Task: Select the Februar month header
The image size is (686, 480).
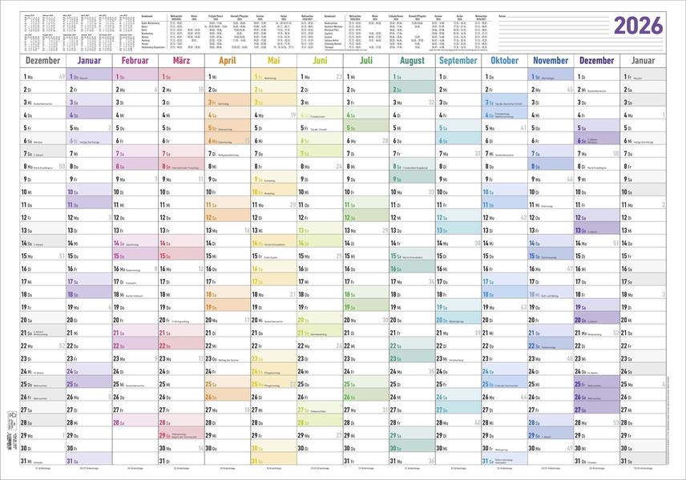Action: [x=136, y=61]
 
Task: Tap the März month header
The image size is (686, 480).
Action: [x=182, y=61]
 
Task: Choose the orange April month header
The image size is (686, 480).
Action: [x=227, y=61]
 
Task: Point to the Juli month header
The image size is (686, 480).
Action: [x=365, y=61]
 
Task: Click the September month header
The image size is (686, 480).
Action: [x=458, y=61]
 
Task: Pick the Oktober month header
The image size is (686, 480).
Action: [x=504, y=61]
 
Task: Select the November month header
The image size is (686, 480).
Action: [x=550, y=61]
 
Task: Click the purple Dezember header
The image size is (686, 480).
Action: [x=595, y=61]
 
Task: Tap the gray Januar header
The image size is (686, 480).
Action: [x=643, y=61]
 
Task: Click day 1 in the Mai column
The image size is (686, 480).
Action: [x=257, y=76]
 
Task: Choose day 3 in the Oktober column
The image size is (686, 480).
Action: [x=488, y=102]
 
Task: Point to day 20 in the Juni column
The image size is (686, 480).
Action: [x=304, y=320]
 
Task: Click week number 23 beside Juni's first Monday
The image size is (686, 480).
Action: [x=340, y=76]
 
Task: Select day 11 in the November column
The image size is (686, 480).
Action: [x=535, y=204]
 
